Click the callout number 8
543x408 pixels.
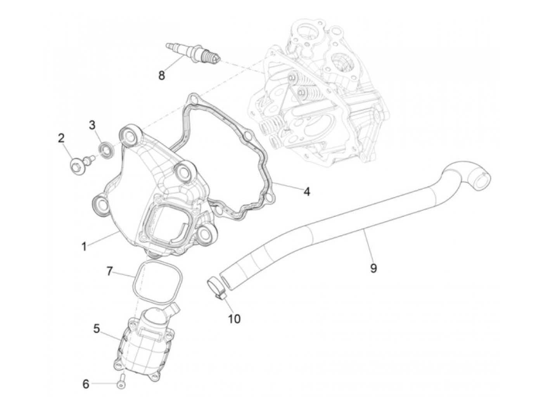pos(161,75)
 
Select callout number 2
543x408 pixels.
pos(61,138)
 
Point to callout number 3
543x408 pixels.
pos(92,125)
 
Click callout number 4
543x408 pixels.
pos(306,191)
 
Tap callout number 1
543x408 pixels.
pos(84,246)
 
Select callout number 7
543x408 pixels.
pos(109,271)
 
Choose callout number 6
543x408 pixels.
pos(85,384)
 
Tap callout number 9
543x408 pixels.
pos(373,268)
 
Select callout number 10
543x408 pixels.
pos(234,319)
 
